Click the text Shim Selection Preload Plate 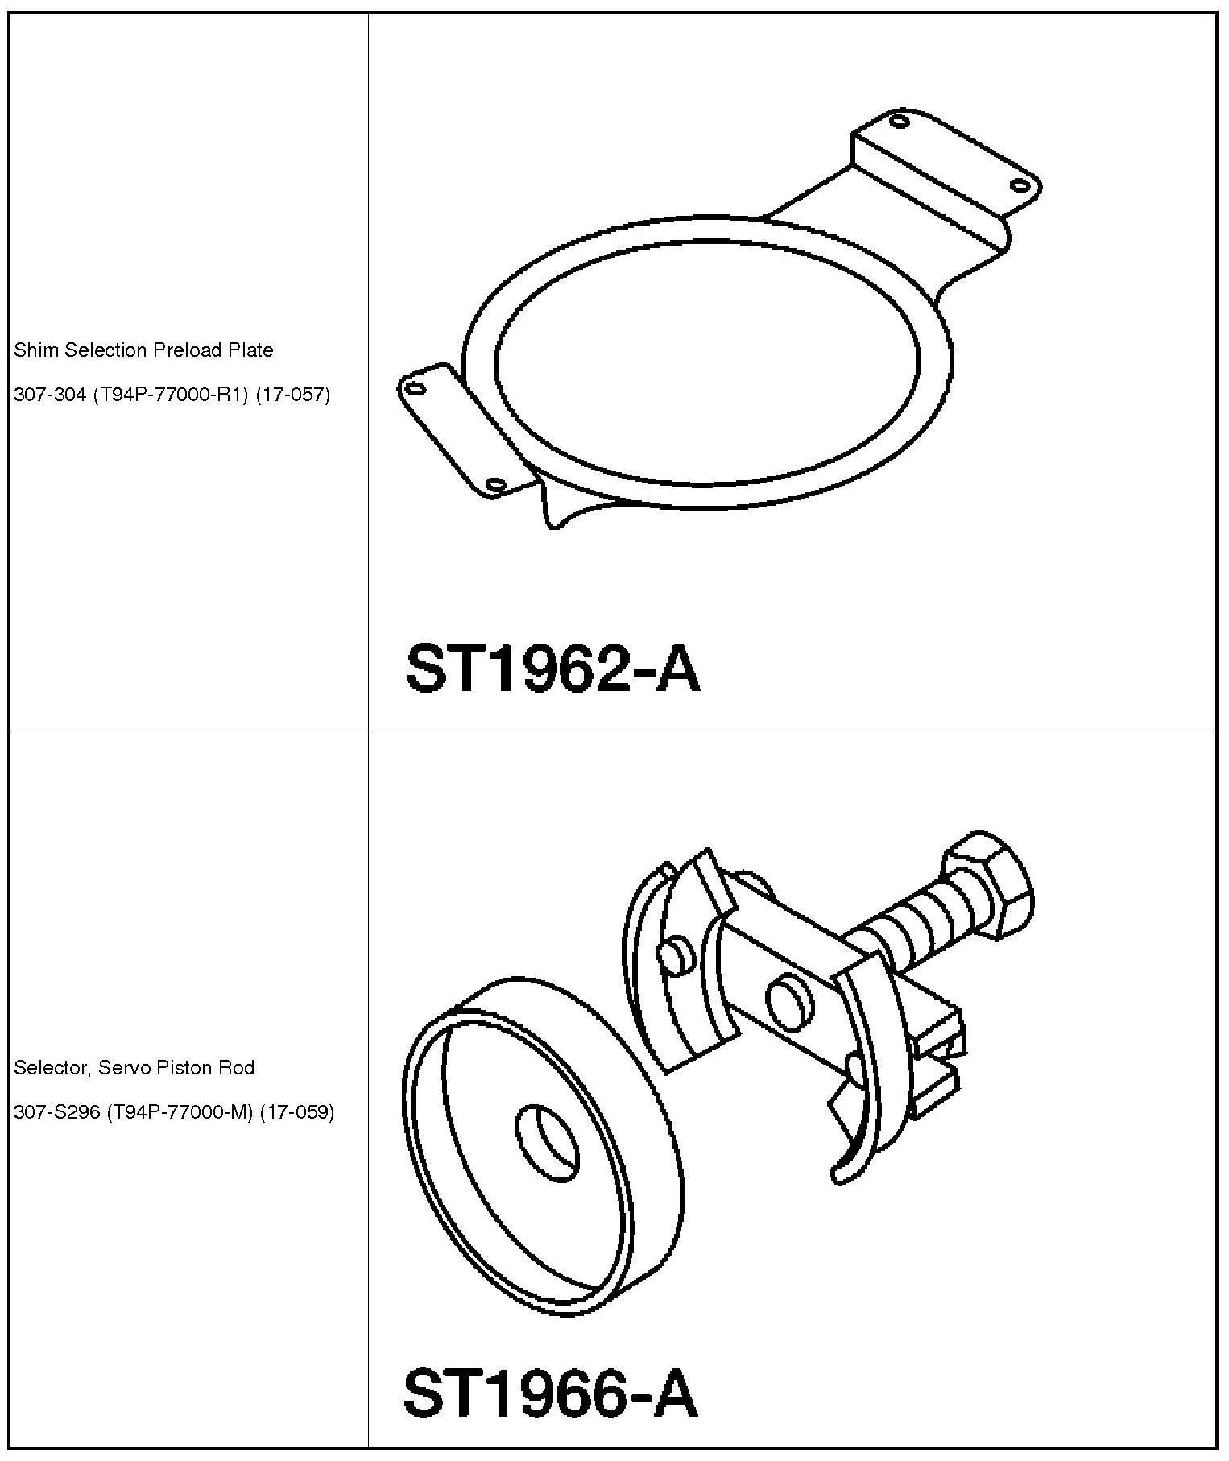click(143, 350)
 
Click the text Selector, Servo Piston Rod click(134, 1068)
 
